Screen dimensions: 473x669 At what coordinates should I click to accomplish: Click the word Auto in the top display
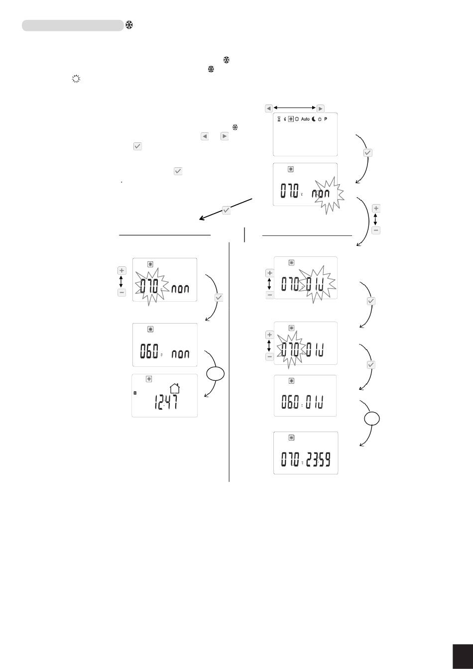point(305,120)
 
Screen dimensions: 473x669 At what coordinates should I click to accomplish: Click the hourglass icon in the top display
point(279,120)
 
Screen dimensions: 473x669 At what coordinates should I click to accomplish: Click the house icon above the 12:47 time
point(174,388)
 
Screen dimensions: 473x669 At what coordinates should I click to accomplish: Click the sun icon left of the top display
point(76,79)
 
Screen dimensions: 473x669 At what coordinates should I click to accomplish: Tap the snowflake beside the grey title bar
point(128,25)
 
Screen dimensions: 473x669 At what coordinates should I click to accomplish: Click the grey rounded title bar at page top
point(73,25)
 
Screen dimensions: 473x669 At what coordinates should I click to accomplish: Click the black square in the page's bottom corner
point(463,654)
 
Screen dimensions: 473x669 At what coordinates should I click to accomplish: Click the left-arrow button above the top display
point(269,108)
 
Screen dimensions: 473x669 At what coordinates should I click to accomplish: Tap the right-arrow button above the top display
point(321,108)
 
